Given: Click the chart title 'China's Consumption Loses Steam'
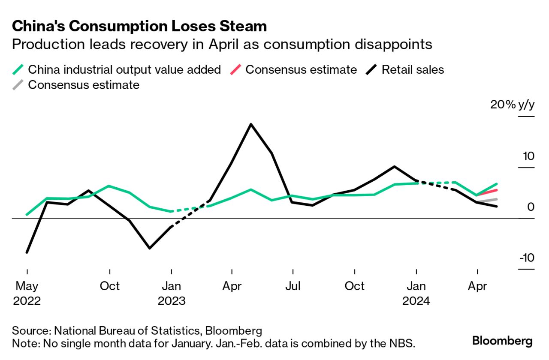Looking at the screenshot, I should [x=139, y=26].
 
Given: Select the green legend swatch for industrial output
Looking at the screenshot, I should [x=18, y=69].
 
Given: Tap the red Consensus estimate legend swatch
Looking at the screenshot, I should [x=235, y=69].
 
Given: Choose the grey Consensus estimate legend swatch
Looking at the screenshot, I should [x=18, y=84].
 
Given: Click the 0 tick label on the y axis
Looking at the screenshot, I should [x=531, y=207].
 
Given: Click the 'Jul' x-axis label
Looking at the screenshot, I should [x=293, y=286].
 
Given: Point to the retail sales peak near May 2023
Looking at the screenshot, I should [x=250, y=124].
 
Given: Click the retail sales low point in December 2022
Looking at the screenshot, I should [x=149, y=248].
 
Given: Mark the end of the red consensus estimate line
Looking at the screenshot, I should [x=497, y=190].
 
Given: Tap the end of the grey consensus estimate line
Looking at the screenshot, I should [x=497, y=199].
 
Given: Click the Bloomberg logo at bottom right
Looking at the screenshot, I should [x=502, y=341].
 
